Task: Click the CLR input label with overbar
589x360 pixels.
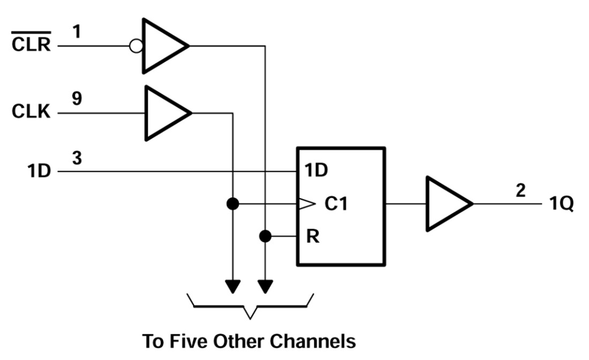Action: coord(31,44)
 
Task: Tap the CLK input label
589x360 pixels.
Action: coord(31,113)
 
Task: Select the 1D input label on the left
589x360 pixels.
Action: coord(39,172)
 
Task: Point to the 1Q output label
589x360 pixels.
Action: coord(561,205)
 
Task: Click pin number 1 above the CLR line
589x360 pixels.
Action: coord(76,32)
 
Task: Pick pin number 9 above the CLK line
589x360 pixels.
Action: coord(77,100)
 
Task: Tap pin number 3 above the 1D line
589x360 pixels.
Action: coord(77,159)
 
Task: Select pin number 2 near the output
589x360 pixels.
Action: coord(521,191)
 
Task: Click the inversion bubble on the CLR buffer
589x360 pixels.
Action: coord(136,46)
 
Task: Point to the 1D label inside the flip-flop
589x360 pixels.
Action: coord(316,171)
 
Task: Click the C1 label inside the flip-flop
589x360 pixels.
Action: coord(336,204)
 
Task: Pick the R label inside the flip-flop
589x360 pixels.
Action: coord(313,236)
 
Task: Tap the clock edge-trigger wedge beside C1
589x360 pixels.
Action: coord(306,204)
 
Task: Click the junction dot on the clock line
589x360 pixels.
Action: coord(232,204)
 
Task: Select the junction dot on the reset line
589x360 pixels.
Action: coord(265,236)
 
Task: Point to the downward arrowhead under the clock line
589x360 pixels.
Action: coord(232,287)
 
